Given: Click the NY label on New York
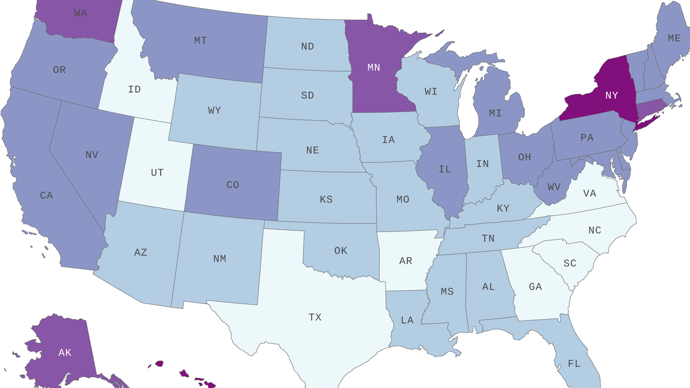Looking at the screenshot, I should coord(611,95).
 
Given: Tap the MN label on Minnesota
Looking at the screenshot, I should coord(374,68).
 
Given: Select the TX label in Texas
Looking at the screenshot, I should coord(315,317).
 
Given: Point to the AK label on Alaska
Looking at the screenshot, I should coord(65,353).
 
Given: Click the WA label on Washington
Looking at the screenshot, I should coord(80,13).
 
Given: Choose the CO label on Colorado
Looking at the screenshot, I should coord(233,185).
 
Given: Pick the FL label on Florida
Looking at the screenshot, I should coord(574,363).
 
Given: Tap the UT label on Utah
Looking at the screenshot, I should coord(157,173).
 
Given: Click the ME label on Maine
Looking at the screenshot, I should coord(674,38).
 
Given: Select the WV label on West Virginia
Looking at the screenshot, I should coord(554,187).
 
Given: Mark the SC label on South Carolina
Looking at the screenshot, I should coord(570,263).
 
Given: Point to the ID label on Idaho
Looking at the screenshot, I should coord(134,89).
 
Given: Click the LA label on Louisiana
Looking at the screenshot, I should coord(407,320).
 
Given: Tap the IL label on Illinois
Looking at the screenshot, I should coord(445,169).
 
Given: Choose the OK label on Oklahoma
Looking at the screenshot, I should coord(341,251).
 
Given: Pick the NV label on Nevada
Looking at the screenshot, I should coord(91,155).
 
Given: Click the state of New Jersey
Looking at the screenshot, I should coord(629,141).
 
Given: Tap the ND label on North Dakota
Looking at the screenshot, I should coord(308,46).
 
